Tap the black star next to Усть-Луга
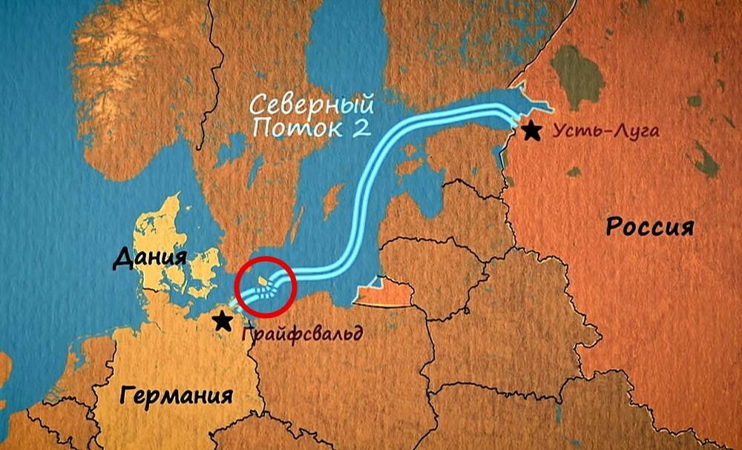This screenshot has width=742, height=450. (x=531, y=131)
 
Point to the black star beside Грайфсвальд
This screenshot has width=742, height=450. (x=221, y=320)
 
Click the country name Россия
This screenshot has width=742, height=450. (x=650, y=227)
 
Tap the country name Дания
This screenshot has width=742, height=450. (x=148, y=259)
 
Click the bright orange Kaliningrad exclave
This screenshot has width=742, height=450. (x=383, y=294)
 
